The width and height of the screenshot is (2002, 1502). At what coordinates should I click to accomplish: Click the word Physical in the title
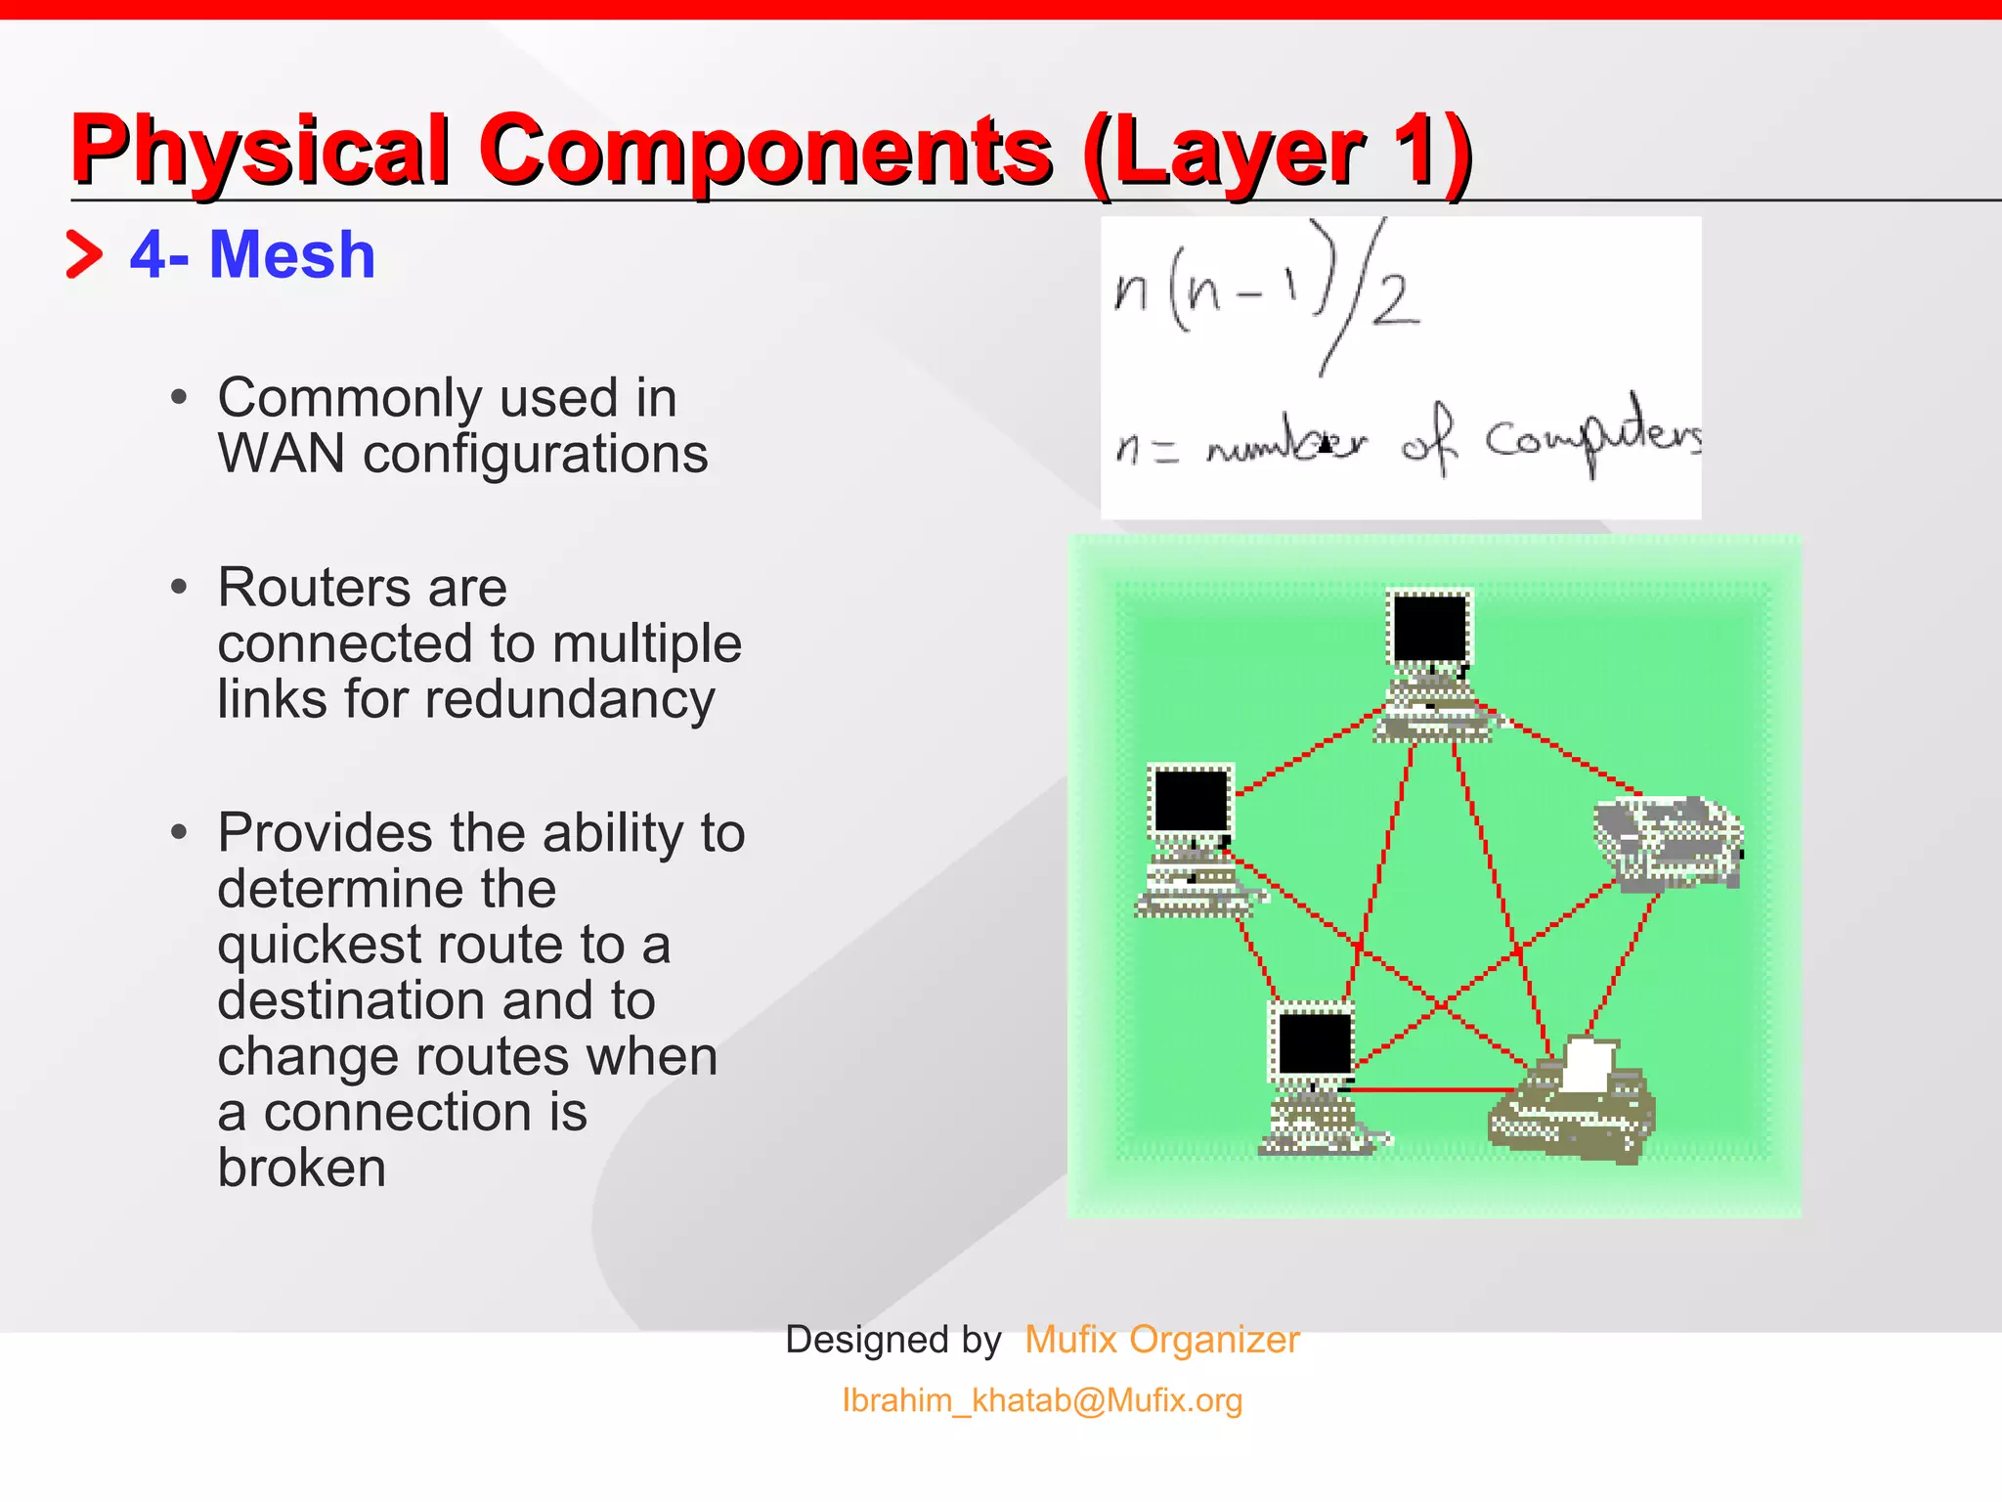tap(260, 151)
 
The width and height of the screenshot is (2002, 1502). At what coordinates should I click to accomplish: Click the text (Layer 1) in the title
tap(1277, 151)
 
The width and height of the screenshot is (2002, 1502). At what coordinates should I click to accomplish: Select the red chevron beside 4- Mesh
tap(84, 254)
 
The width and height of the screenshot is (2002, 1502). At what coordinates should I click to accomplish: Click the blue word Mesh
tap(291, 255)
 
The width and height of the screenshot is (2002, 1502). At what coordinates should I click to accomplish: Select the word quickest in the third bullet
tap(319, 946)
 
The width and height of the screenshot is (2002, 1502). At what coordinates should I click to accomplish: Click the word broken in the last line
tap(301, 1169)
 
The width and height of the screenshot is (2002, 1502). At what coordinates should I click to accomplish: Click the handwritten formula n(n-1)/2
tap(1267, 293)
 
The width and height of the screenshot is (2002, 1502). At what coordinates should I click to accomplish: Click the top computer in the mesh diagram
tap(1431, 665)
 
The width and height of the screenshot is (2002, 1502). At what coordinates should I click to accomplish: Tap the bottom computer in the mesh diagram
tap(1316, 1077)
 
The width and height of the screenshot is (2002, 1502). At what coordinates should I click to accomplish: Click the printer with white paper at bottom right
tap(1574, 1101)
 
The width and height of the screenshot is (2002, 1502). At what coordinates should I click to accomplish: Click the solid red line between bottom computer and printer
tap(1433, 1088)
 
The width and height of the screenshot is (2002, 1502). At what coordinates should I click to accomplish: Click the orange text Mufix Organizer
tap(1161, 1340)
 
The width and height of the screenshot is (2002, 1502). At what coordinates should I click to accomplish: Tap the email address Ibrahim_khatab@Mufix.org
tap(1042, 1400)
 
